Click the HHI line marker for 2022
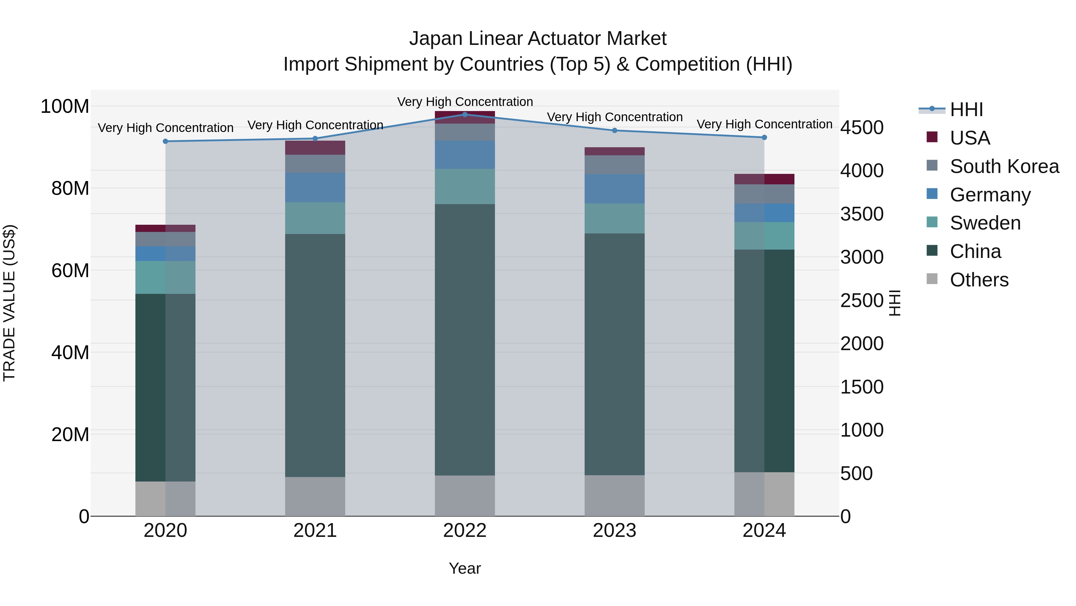tap(464, 115)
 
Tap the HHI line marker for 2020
tap(165, 141)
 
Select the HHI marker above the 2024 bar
tap(764, 137)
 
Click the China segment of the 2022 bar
tap(464, 339)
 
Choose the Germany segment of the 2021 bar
tap(315, 187)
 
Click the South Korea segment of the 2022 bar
tap(464, 132)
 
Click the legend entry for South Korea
tap(1004, 166)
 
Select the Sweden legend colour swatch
tap(932, 222)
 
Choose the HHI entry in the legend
tap(966, 110)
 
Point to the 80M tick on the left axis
tap(70, 189)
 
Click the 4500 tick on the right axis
tap(862, 127)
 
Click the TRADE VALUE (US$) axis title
tap(9, 303)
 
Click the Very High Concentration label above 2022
tap(464, 102)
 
